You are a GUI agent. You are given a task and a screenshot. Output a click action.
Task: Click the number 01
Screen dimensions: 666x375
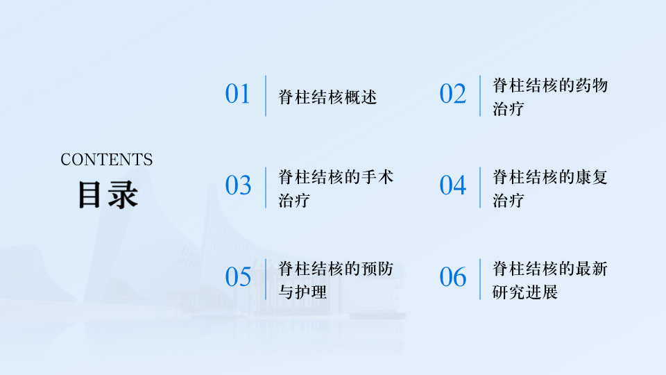click(237, 94)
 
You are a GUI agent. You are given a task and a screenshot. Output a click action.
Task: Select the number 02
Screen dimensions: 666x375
click(453, 94)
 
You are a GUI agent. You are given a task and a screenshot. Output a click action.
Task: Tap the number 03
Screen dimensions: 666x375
click(238, 185)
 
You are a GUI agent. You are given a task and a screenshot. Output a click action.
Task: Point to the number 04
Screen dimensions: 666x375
click(453, 185)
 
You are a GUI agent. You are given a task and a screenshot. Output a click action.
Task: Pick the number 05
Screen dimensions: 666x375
click(238, 277)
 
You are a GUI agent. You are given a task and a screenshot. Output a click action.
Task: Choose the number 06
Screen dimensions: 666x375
click(453, 277)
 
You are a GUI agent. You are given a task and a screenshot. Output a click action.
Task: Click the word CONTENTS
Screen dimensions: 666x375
click(107, 160)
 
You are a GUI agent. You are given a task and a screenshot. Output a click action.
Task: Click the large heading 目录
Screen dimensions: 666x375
click(108, 194)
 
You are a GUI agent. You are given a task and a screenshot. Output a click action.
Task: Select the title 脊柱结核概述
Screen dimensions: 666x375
click(327, 97)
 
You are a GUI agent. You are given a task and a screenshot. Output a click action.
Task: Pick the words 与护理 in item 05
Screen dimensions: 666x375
click(303, 292)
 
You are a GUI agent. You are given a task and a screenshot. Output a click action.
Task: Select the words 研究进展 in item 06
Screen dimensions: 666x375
click(525, 292)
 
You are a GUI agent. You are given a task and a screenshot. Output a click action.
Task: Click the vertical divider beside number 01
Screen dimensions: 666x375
click(266, 96)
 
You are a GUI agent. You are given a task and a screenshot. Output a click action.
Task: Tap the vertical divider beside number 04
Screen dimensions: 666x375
click(480, 187)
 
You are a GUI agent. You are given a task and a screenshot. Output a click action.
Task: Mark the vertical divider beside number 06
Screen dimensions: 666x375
click(480, 279)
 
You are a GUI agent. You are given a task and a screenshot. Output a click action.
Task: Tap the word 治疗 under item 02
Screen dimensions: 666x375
click(509, 109)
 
